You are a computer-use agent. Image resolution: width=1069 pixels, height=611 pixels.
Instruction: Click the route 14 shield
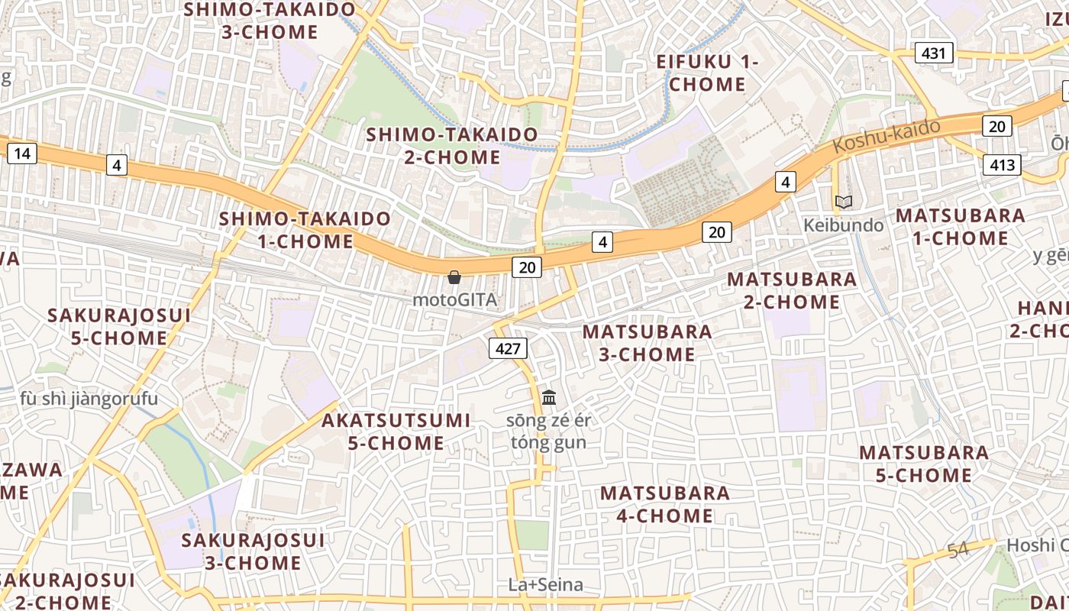(22, 154)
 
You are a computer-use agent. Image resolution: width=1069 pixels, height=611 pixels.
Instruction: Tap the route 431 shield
(933, 53)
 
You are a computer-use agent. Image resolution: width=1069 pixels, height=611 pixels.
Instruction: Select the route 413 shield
(1002, 164)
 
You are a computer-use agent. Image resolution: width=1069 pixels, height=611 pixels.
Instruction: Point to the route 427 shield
(508, 349)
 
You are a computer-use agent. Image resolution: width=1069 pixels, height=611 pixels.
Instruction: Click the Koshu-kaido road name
(886, 136)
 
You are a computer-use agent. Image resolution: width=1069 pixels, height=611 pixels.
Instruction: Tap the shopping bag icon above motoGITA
(454, 277)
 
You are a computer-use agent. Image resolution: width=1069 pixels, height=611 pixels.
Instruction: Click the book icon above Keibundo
(844, 202)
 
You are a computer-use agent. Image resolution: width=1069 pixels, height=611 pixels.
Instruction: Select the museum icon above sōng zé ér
(549, 397)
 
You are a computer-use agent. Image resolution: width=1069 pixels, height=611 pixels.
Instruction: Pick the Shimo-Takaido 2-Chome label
(452, 146)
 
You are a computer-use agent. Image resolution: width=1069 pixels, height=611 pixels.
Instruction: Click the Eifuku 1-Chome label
(707, 73)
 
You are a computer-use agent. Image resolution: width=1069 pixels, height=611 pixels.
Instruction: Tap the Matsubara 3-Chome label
(648, 343)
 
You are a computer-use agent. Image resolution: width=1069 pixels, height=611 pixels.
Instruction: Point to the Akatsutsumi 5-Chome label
(396, 432)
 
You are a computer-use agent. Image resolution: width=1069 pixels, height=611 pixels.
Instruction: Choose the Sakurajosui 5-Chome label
(119, 326)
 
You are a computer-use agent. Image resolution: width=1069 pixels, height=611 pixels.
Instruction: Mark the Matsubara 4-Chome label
(665, 504)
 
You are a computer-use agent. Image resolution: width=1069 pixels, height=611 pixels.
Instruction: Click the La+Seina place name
(546, 585)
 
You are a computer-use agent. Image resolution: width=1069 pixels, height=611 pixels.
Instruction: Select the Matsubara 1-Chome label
(961, 227)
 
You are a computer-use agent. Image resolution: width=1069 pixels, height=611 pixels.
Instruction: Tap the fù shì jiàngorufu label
(89, 399)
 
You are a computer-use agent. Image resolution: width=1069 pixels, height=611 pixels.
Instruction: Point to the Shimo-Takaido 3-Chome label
(270, 21)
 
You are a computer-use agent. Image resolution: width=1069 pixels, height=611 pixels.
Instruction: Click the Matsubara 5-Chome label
(924, 464)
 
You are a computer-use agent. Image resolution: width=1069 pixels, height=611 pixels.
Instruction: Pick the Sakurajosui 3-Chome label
(253, 551)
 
